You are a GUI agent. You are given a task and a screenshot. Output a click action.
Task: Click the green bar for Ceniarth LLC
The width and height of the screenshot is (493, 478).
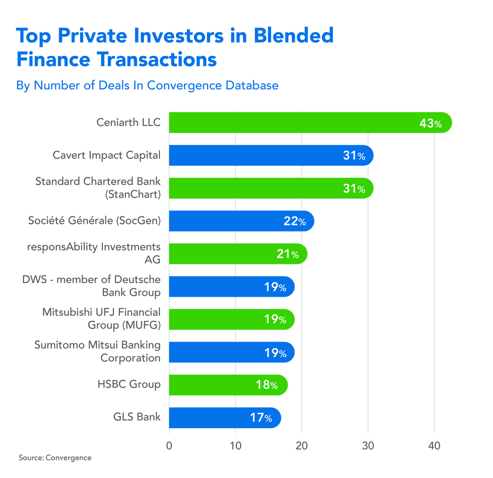coord(307,123)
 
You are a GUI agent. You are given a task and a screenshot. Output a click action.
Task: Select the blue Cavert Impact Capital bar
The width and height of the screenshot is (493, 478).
coord(268,156)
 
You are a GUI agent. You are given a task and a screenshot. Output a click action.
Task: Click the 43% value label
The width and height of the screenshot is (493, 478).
coord(430,124)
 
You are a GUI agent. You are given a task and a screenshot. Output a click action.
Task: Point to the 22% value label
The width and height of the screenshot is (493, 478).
coord(295,222)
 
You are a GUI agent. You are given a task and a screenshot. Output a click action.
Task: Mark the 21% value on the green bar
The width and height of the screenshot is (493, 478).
coord(288,255)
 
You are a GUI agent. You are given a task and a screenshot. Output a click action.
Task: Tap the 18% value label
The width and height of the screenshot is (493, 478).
coord(268,385)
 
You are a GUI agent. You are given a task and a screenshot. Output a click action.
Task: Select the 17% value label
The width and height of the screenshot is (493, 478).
coord(261,418)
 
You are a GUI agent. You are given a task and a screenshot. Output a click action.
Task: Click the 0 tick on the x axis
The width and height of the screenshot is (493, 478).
coord(169,446)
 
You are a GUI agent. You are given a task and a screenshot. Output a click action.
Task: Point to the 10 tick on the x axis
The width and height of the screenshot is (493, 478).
coord(235,446)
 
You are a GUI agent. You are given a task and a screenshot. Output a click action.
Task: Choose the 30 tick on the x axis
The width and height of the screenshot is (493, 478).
coord(368,446)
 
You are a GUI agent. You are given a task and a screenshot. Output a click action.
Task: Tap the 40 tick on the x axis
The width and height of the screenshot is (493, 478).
coord(434,446)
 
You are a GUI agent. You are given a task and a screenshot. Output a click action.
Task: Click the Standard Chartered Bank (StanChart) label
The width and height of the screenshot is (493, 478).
coord(98,188)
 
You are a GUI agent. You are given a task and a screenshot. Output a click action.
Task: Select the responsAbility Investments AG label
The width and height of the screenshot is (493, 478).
coord(94,254)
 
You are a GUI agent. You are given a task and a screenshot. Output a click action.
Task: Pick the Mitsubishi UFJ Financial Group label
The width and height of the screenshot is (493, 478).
coord(101,319)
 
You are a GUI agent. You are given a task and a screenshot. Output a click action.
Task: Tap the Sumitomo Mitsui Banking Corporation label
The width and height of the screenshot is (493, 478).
coord(98,352)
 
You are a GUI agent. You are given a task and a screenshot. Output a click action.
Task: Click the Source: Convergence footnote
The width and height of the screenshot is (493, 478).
coord(55,458)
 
